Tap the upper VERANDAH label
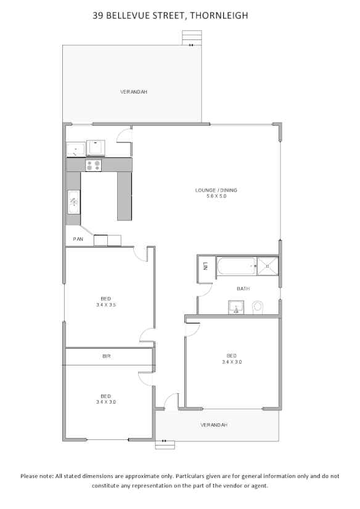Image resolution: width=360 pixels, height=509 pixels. pos(134,92)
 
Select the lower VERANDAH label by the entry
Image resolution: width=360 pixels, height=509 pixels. pos(215,425)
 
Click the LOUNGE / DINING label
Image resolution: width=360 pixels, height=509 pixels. pos(216,190)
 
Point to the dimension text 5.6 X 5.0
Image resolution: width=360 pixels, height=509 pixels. pos(216,196)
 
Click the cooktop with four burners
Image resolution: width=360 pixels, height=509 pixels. pos(93,165)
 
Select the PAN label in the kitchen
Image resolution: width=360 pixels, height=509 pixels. pos(78,238)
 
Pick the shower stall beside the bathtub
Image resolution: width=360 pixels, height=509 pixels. pos(268,267)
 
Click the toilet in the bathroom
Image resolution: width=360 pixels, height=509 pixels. pos(258,306)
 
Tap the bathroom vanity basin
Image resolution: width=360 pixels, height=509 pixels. pos(236,307)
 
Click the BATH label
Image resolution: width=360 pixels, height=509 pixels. pos(243,288)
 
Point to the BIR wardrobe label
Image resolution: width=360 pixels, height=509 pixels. pos(106,356)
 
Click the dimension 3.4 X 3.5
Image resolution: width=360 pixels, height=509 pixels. pos(106,304)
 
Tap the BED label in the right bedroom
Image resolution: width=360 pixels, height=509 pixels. pos(231,356)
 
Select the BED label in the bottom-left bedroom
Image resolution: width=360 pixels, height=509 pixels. pos(106,396)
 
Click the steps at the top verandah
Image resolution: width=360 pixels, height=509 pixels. pos(191,38)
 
